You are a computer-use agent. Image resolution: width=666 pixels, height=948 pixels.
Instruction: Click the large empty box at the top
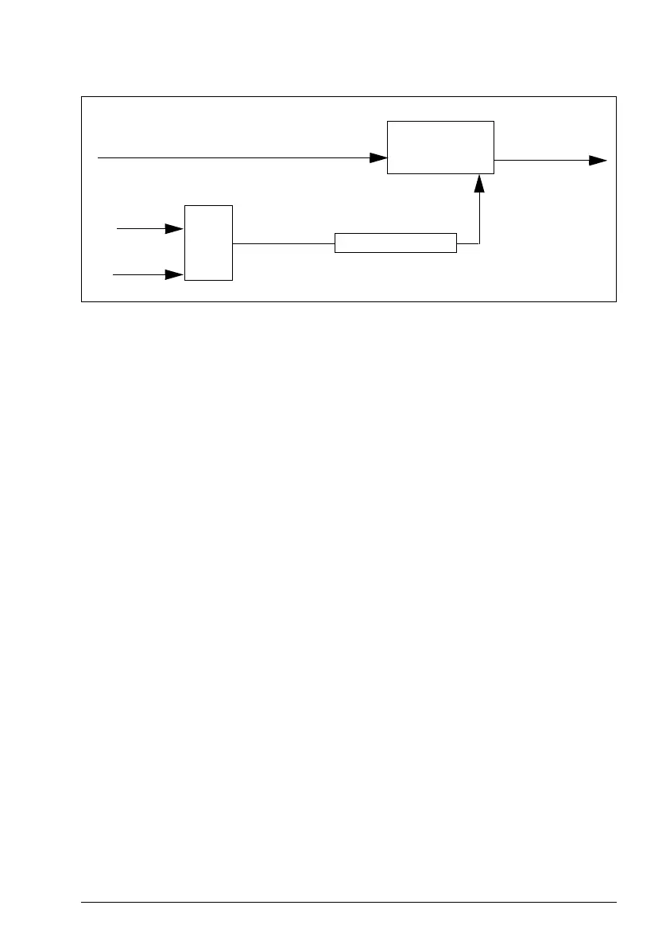[x=440, y=147]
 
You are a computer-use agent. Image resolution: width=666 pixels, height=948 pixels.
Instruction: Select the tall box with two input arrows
[x=208, y=243]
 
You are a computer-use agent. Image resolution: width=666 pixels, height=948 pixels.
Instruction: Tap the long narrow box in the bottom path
[x=396, y=243]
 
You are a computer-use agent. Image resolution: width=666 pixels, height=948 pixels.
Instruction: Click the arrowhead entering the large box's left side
[x=378, y=158]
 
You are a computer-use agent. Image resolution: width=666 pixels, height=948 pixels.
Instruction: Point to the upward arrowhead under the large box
[x=479, y=184]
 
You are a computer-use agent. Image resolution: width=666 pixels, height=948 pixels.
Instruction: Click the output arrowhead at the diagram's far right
[x=598, y=160]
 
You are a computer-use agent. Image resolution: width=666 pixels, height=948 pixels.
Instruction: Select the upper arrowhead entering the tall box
[x=175, y=229]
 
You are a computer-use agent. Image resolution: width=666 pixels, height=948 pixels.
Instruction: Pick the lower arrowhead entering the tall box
[x=175, y=275]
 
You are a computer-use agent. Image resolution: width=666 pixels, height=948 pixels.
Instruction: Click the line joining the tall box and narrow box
[x=283, y=243]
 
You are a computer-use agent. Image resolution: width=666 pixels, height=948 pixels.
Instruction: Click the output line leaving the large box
[x=540, y=160]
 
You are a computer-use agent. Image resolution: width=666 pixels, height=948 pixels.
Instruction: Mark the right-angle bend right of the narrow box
[x=479, y=243]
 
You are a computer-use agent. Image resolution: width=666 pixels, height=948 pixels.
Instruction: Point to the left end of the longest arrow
[x=99, y=158]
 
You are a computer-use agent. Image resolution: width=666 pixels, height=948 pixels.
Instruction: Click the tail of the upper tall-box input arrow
[x=118, y=229]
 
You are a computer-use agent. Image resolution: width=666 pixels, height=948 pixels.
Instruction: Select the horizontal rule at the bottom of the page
[x=350, y=902]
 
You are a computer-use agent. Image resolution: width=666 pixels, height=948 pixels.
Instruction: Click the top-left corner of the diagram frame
[x=83, y=97]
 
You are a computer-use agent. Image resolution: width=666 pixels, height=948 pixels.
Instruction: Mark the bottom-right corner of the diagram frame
[x=617, y=301]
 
